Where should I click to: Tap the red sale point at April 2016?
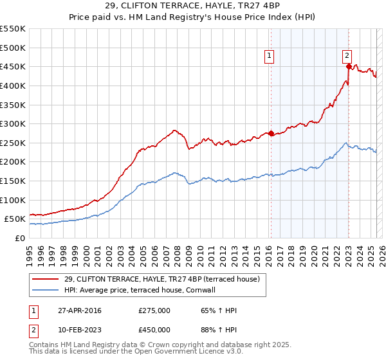271,134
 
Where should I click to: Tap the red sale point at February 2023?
348,66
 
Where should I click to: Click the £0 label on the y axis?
21,238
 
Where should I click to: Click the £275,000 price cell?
154,310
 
